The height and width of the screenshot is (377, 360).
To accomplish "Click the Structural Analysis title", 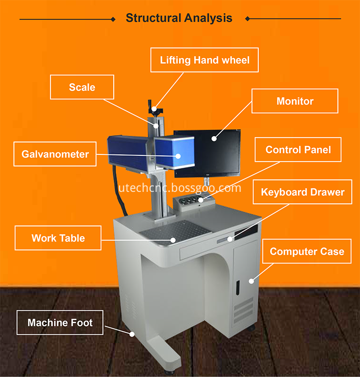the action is pos(179,18).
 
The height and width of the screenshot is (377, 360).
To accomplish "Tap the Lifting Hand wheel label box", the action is pos(204,60).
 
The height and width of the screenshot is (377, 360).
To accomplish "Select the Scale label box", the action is pos(82,87).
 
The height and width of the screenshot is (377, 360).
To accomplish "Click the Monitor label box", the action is pos(295,101).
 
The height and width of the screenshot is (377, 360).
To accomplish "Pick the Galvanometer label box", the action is pos(55,154).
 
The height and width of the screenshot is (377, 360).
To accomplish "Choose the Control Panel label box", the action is pos(298,150).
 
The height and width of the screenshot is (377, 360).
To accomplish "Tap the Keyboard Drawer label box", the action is pos(302,192).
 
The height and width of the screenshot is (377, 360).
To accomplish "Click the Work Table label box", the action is pos(58,238).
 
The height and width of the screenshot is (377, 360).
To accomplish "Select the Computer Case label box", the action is pos(307,251).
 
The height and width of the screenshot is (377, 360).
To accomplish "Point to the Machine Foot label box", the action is pos(60,322).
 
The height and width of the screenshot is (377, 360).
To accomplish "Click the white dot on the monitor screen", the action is pos(214,139).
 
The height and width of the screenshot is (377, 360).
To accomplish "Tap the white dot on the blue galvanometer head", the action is pos(178,156).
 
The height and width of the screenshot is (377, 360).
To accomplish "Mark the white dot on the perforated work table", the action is pos(173,240).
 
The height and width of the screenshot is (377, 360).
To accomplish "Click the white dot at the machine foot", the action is pos(132,334).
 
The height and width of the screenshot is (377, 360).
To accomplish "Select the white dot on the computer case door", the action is pos(251,281).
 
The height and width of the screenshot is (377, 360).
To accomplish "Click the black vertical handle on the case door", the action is pos(238,288).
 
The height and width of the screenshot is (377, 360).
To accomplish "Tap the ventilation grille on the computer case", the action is pos(243,310).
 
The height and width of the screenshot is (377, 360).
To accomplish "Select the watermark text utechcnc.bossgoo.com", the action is pos(180,188).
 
